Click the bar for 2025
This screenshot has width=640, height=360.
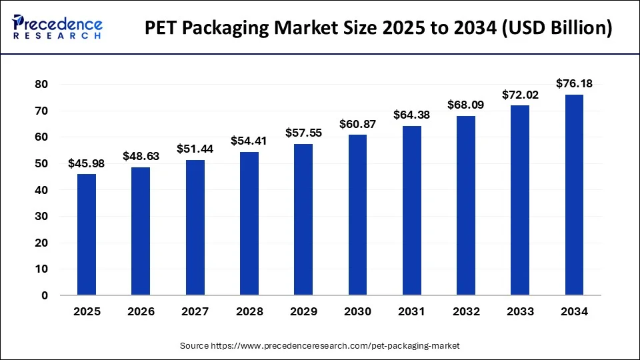click(86, 235)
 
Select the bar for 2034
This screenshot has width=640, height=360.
click(574, 195)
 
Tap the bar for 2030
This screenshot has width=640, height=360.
click(357, 215)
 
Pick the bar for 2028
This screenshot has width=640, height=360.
click(249, 223)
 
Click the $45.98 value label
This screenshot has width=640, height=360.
click(86, 163)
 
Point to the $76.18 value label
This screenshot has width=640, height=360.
click(574, 83)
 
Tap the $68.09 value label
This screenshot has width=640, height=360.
click(466, 105)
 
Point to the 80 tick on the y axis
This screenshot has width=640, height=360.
click(42, 85)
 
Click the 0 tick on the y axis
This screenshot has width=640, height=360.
click(45, 295)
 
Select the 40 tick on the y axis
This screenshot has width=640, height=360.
click(42, 190)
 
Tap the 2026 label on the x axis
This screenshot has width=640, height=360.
click(141, 311)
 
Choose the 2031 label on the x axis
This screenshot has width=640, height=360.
click(411, 311)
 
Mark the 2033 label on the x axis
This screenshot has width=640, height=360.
click(520, 311)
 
